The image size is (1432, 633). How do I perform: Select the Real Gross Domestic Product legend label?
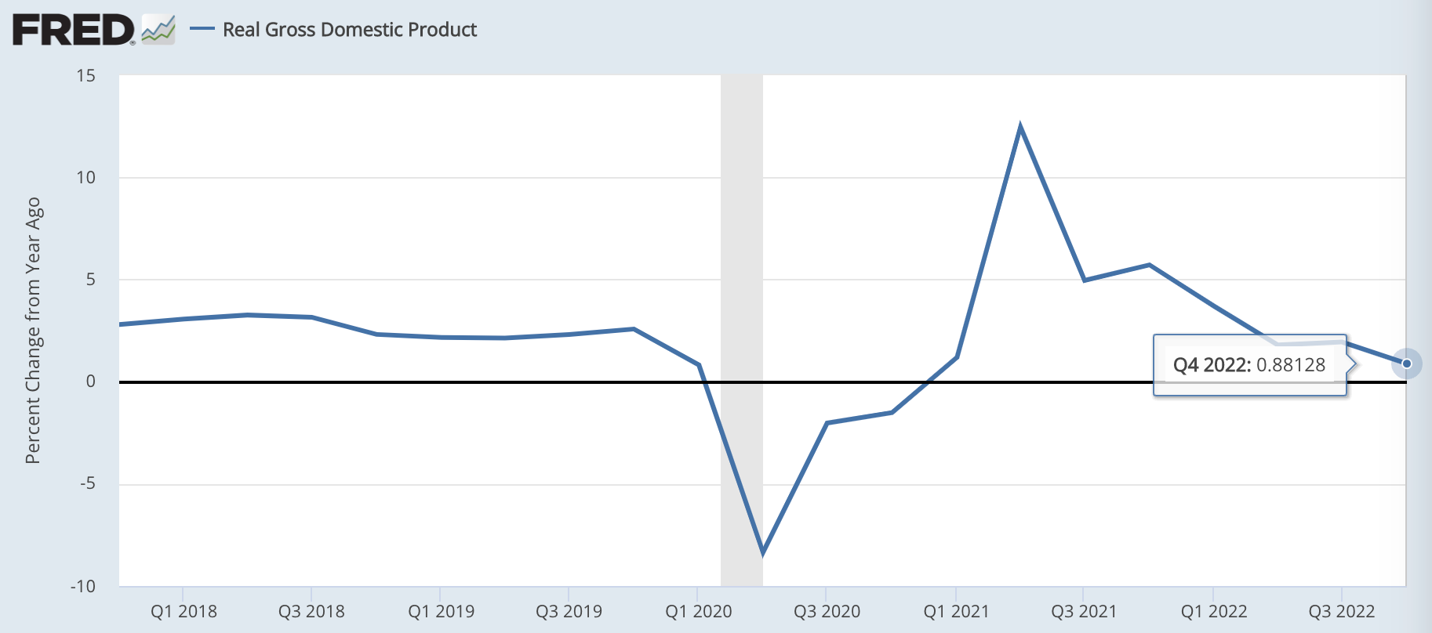350,30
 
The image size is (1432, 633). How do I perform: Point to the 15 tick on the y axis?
86,76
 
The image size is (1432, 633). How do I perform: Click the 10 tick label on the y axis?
86,178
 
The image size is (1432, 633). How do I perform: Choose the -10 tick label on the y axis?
83,586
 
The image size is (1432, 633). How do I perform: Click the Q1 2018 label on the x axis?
184,612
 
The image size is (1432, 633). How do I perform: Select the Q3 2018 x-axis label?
311,612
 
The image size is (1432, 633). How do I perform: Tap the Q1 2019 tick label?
441,612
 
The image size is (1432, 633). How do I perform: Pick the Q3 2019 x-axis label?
569,612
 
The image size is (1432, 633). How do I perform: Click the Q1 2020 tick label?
698,612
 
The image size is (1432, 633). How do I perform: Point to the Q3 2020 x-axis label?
827,612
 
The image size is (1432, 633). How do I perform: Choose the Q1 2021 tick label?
956,612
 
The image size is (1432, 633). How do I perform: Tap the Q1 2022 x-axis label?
1213,612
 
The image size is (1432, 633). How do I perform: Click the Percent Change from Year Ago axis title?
33,330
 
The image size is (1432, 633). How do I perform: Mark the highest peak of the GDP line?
1019,126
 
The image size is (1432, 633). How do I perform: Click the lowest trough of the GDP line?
762,553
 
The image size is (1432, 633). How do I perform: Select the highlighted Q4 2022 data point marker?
1407,364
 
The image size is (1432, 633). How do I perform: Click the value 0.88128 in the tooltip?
1291,365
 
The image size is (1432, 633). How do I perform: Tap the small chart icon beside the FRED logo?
158,30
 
